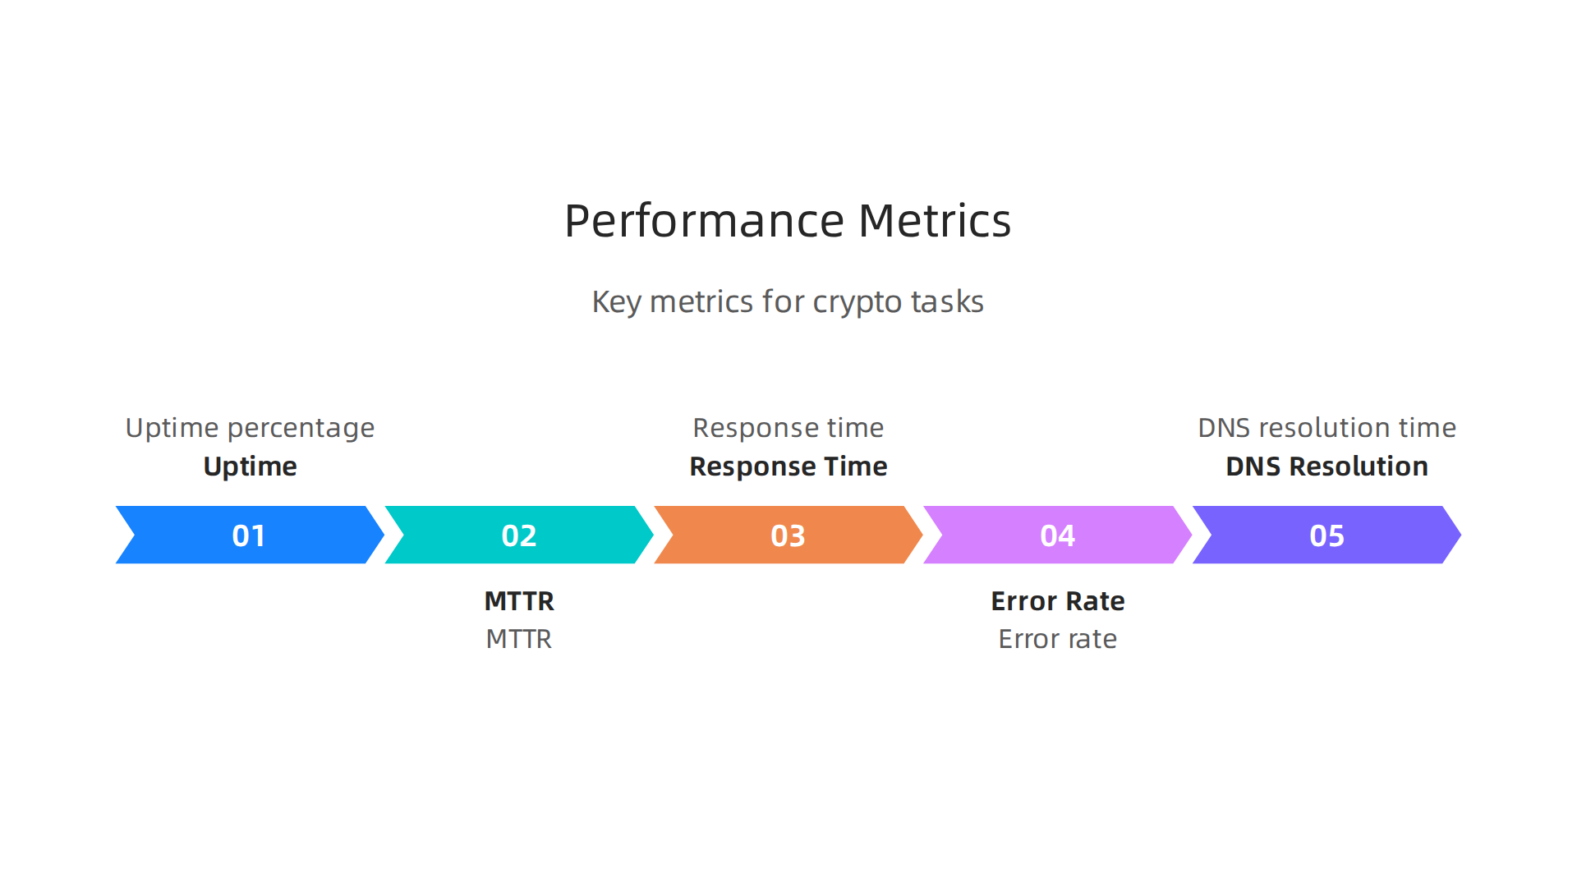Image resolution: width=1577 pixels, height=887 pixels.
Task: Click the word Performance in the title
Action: point(704,222)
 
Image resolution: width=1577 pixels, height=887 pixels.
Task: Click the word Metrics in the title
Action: point(934,222)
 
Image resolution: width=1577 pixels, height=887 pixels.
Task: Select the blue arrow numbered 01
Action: point(249,535)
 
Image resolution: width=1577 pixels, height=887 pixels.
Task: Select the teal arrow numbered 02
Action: point(518,535)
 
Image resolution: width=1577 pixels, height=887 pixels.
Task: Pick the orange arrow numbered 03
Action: point(788,535)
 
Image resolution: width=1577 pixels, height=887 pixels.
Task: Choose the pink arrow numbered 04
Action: point(1057,535)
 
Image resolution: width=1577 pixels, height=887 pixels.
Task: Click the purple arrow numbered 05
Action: point(1326,535)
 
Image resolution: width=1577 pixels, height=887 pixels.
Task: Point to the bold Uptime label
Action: point(250,466)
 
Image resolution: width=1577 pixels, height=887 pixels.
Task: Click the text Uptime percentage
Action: point(250,428)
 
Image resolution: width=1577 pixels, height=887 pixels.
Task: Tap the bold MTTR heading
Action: point(519,601)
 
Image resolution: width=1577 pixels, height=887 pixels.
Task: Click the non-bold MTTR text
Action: point(519,639)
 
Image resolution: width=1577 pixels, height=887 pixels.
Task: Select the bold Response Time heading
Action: point(788,466)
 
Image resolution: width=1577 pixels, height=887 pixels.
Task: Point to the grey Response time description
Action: point(788,428)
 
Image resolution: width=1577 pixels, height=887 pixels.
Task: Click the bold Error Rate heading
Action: point(1057,601)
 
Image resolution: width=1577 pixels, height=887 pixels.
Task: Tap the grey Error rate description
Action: point(1057,639)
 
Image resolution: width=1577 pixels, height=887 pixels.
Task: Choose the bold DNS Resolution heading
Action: point(1326,466)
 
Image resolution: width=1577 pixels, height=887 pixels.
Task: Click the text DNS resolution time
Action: point(1326,428)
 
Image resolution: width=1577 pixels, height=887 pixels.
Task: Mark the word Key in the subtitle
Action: point(616,302)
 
